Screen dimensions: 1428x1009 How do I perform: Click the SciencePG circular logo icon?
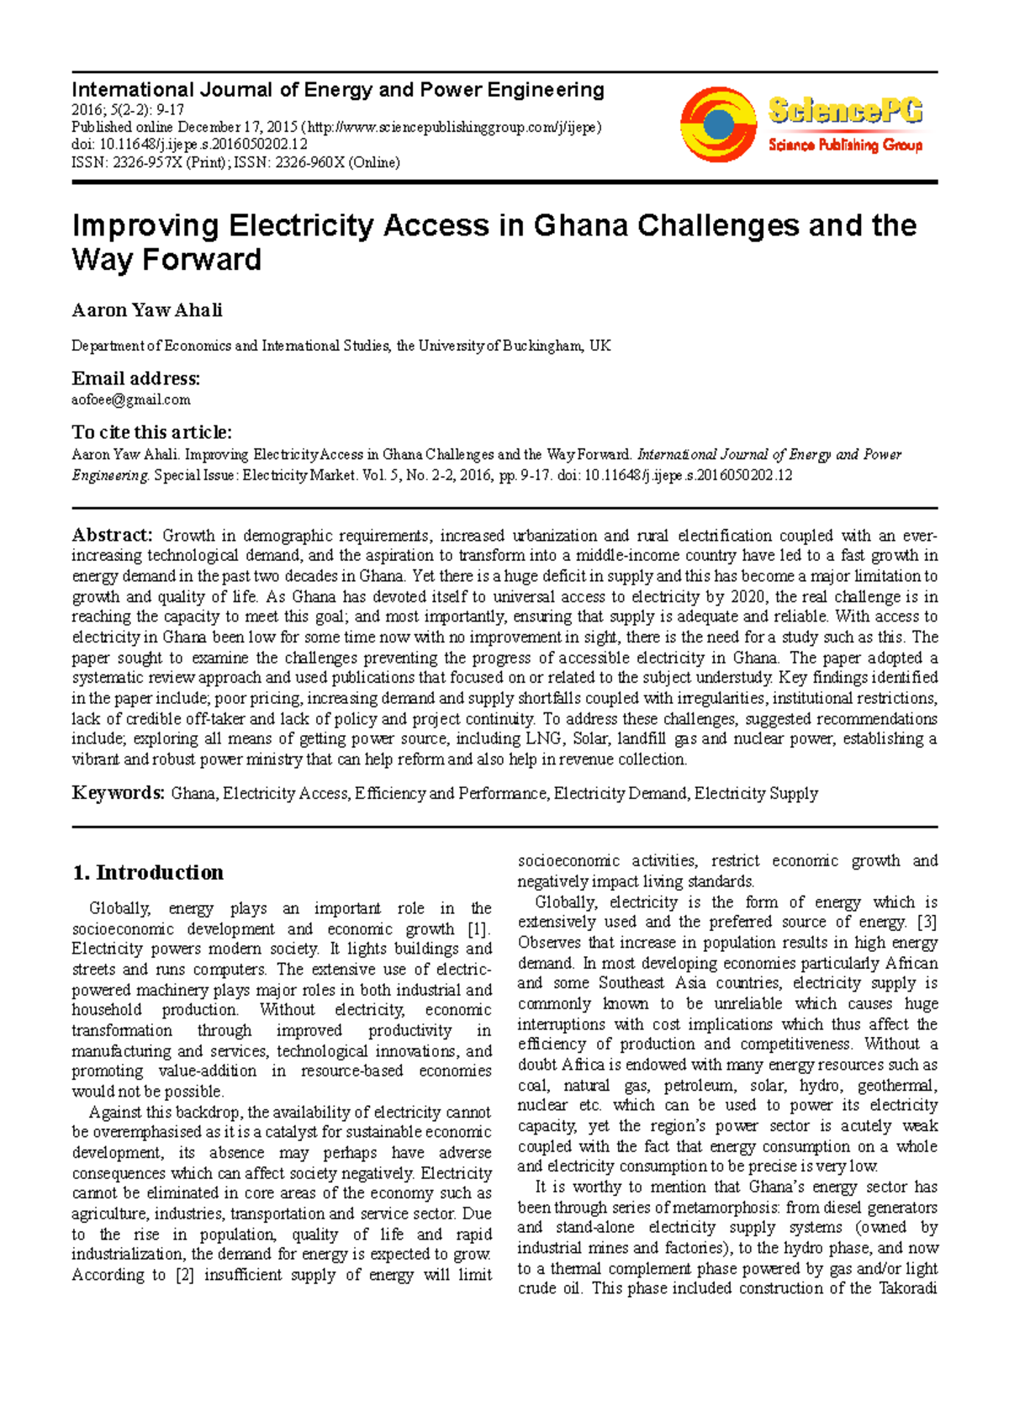coord(718,124)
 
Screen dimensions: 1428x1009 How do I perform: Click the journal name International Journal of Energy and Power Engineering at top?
coord(337,90)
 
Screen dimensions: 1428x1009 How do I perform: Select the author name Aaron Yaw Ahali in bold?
coord(147,310)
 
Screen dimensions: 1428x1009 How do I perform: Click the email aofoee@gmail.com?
coord(130,399)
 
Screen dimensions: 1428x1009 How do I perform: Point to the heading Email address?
coord(135,378)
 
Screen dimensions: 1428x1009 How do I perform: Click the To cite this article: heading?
coord(151,432)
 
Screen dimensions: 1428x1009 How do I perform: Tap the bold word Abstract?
coord(111,535)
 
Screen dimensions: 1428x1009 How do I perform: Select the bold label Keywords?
coord(118,793)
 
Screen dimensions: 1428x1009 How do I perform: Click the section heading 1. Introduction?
coord(148,872)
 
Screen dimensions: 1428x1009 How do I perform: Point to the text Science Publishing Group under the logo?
coord(844,145)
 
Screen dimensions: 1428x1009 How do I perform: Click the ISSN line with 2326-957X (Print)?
coord(235,162)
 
